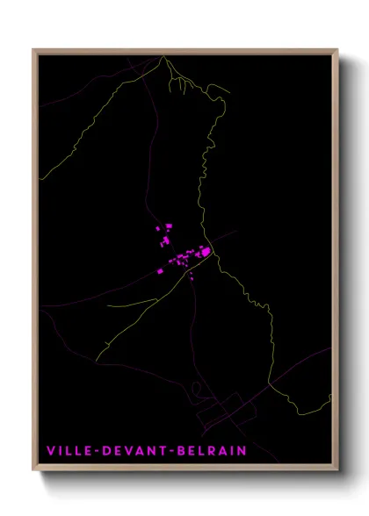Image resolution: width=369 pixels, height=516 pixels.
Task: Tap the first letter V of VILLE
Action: (x=51, y=451)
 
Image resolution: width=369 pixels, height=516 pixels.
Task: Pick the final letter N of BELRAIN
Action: (x=242, y=451)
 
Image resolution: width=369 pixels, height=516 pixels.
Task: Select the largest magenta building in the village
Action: (x=205, y=252)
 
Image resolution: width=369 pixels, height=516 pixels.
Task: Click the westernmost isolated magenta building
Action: (x=161, y=271)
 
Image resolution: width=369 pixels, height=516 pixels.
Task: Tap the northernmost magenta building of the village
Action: (x=167, y=226)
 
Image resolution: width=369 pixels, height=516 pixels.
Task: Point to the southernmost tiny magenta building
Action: (x=192, y=279)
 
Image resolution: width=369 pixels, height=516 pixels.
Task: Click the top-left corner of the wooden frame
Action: (x=34, y=50)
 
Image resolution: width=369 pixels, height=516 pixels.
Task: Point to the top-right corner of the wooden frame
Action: (x=337, y=50)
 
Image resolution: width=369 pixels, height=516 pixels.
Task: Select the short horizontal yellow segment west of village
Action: (x=132, y=304)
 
